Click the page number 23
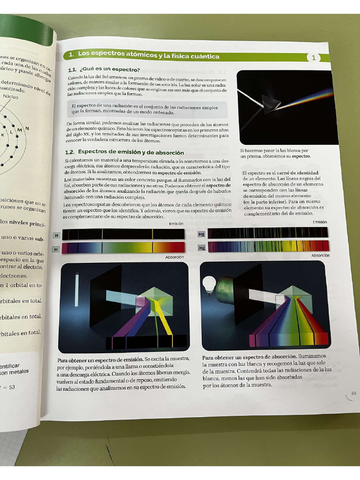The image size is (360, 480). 353,393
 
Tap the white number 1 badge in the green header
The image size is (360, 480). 314,58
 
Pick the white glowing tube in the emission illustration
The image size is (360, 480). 76,289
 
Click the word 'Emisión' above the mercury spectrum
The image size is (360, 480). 320,222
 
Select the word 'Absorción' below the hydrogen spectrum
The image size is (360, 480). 174,257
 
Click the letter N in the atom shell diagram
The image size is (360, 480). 27,128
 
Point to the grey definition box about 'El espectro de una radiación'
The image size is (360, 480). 146,110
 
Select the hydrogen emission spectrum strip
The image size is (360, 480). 123,234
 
